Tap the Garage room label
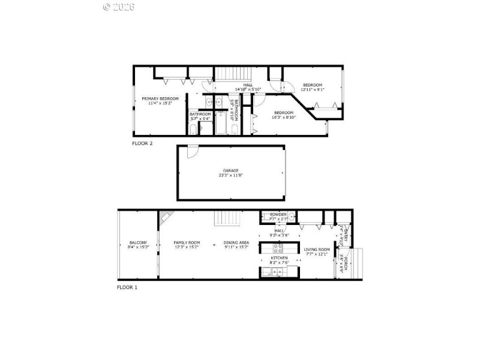231,173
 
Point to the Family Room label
187,245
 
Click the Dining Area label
236,245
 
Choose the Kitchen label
279,259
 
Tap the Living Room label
317,251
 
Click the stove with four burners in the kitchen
278,247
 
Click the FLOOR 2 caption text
142,143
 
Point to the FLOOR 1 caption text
127,287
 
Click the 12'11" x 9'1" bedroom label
313,87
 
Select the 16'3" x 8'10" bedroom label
284,115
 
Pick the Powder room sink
290,217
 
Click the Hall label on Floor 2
247,87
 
